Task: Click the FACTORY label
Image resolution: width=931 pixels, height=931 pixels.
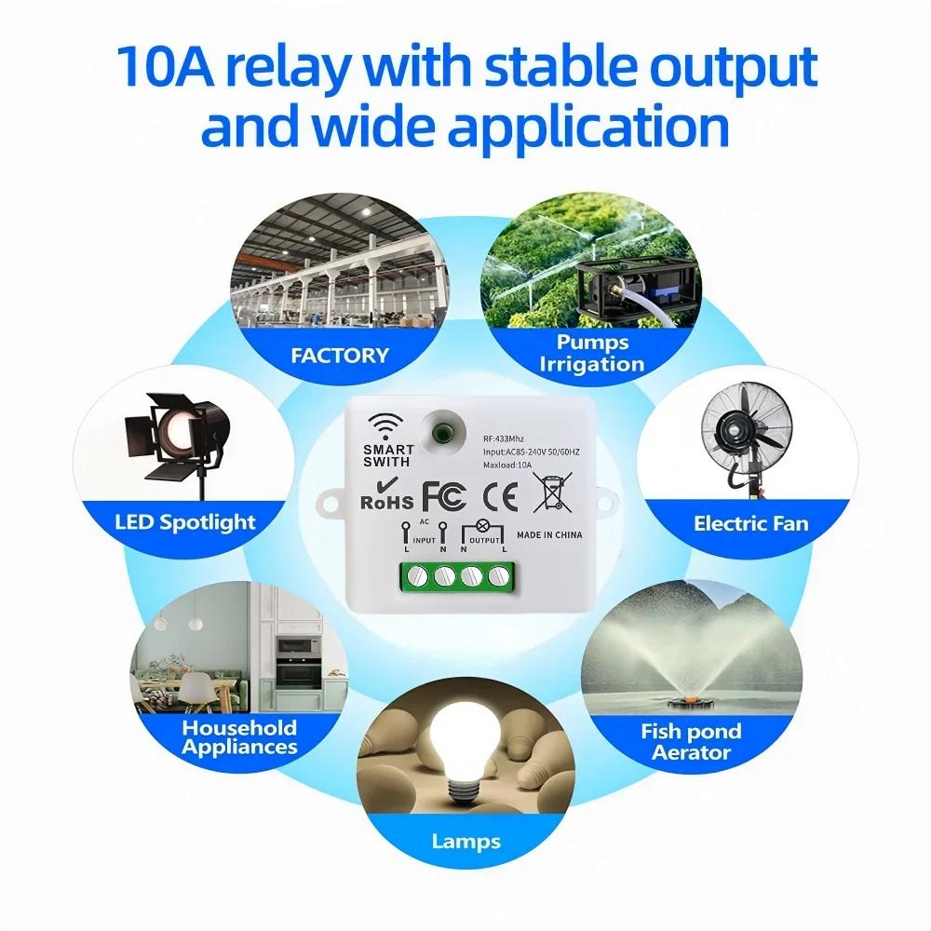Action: [x=340, y=356]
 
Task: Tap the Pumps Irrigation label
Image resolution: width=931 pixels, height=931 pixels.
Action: [x=592, y=353]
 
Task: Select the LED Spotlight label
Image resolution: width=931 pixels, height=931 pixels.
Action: [x=185, y=521]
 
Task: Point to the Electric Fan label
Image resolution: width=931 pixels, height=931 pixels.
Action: [x=750, y=523]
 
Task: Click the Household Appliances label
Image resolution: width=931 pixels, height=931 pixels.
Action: [x=240, y=737]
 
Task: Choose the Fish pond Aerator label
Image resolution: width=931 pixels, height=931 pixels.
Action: [x=691, y=742]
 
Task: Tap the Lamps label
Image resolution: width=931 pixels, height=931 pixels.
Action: [x=465, y=842]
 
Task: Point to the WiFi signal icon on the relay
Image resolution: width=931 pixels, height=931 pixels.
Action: [x=382, y=425]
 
